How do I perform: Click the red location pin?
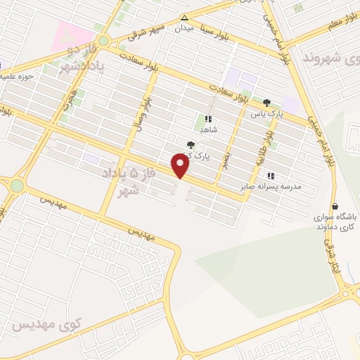tap(181, 165)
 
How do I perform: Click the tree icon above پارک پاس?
tap(266, 103)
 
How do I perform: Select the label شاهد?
tap(208, 130)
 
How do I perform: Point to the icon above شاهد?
tap(208, 120)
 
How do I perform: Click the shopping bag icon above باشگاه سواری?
tap(335, 207)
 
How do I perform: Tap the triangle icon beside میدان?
tap(184, 18)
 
